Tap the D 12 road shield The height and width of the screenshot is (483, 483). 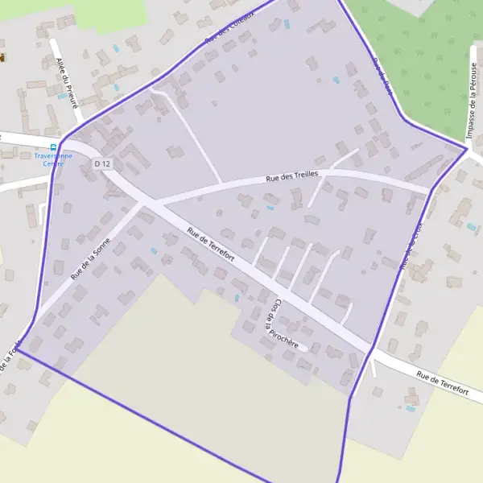tap(101, 163)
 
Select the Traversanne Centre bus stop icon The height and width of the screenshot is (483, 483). tap(53, 147)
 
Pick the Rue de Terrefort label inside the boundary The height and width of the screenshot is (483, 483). tap(211, 244)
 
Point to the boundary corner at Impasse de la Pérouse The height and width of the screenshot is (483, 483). tap(467, 148)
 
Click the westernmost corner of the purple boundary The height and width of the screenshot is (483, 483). tap(18, 350)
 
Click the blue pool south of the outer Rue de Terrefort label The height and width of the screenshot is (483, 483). tap(411, 408)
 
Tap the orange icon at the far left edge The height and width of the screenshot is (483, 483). tap(2, 58)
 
